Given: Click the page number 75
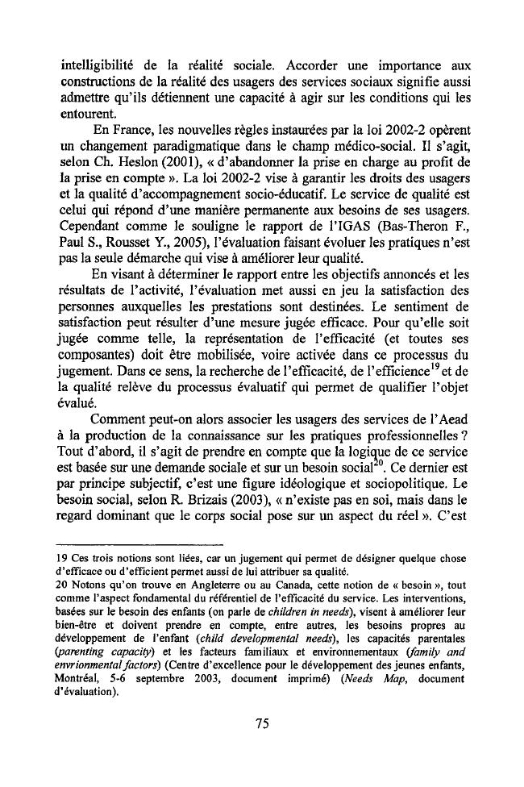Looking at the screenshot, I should click(x=261, y=723).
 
